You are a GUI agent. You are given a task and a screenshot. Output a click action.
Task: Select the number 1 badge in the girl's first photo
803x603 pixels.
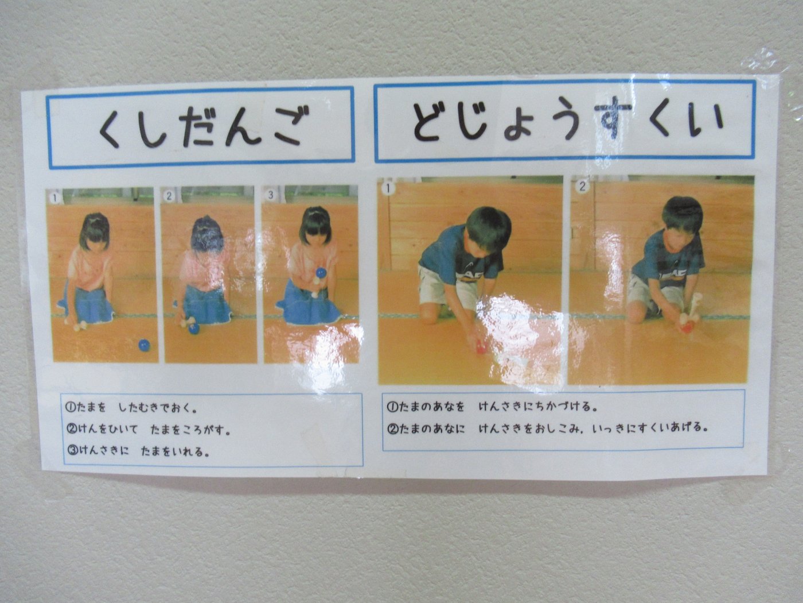pyautogui.click(x=54, y=198)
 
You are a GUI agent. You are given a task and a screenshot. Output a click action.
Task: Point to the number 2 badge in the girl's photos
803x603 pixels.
pyautogui.click(x=169, y=196)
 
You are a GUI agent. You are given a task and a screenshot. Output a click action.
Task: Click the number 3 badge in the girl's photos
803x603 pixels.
pyautogui.click(x=270, y=195)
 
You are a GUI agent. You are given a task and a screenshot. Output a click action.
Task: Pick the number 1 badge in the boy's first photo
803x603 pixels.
pyautogui.click(x=388, y=188)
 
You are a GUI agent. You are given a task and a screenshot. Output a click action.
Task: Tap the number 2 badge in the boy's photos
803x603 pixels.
pyautogui.click(x=582, y=187)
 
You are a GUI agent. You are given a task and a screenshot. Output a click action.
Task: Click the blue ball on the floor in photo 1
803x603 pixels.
pyautogui.click(x=144, y=345)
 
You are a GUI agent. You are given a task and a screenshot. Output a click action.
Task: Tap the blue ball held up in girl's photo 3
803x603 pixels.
pyautogui.click(x=321, y=273)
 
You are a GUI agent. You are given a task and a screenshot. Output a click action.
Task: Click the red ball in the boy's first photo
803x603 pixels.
pyautogui.click(x=480, y=347)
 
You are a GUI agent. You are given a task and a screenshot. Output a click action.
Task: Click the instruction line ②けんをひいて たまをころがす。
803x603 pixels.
pyautogui.click(x=149, y=430)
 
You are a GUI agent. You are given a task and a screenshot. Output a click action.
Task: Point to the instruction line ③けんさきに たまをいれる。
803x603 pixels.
pyautogui.click(x=138, y=451)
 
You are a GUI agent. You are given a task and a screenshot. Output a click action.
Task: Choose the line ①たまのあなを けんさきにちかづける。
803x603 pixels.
pyautogui.click(x=492, y=407)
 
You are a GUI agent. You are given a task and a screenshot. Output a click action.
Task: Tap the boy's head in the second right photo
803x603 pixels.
pyautogui.click(x=683, y=217)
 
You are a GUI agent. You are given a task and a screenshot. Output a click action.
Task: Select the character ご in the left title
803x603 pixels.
pyautogui.click(x=290, y=126)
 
